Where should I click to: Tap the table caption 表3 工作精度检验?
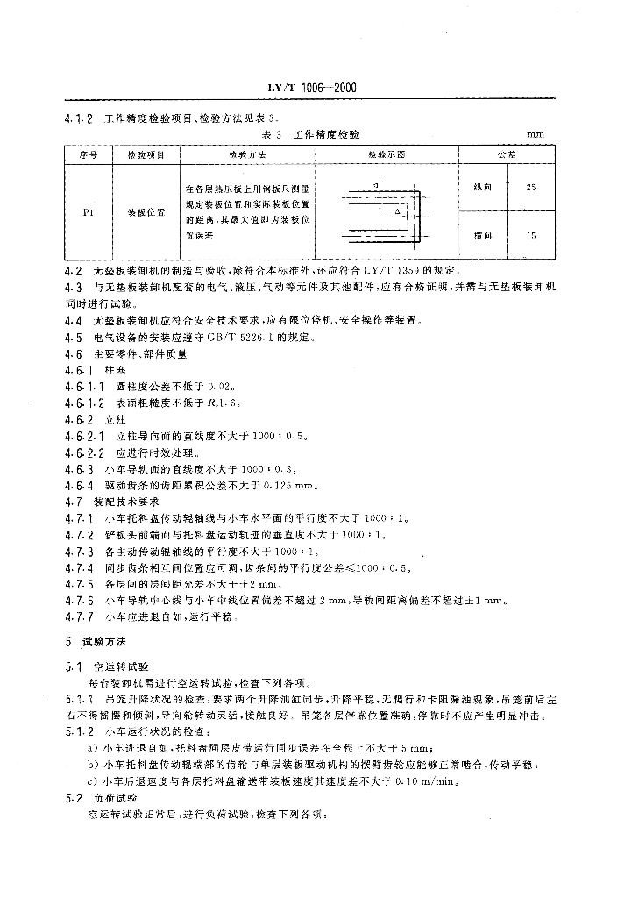pyautogui.click(x=311, y=134)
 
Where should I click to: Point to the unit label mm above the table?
pyautogui.click(x=535, y=134)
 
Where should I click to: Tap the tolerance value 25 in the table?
pyautogui.click(x=531, y=187)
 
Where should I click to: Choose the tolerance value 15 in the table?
pyautogui.click(x=531, y=235)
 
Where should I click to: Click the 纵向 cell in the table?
pyautogui.click(x=483, y=187)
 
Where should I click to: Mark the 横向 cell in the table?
pyautogui.click(x=483, y=235)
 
